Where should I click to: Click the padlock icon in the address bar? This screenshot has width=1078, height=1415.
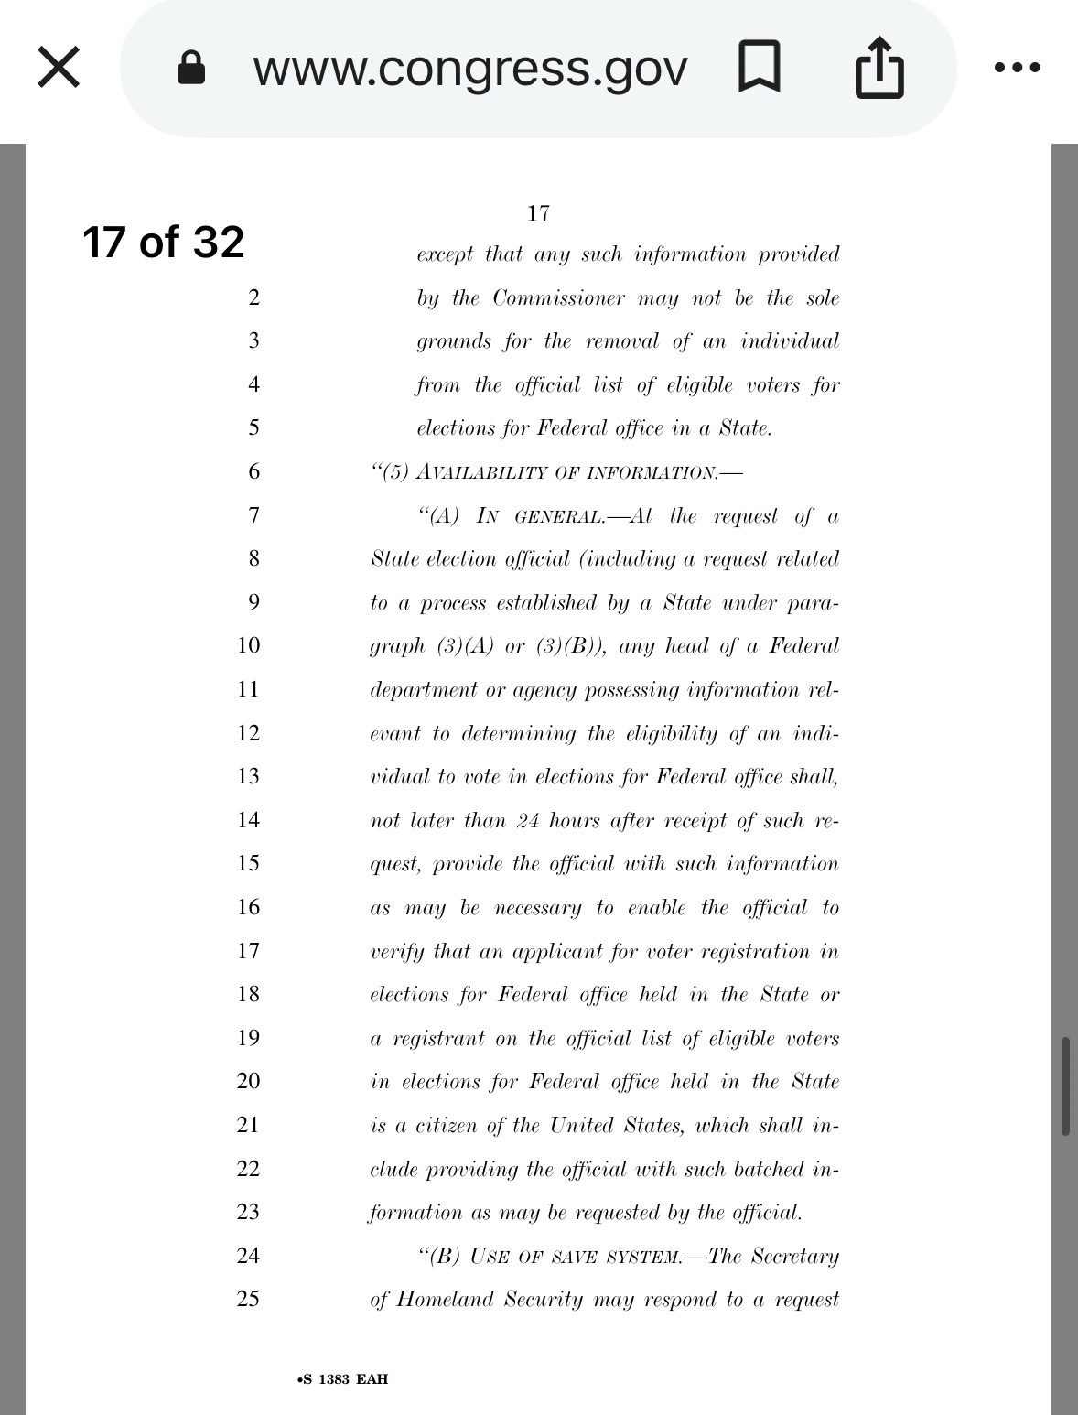[190, 68]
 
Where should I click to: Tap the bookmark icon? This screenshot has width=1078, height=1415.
[759, 67]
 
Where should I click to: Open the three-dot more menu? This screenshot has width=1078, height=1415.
[1019, 68]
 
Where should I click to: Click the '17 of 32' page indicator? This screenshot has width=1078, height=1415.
[163, 242]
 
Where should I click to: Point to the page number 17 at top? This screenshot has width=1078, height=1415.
[538, 213]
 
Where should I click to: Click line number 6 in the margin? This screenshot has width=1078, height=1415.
[253, 471]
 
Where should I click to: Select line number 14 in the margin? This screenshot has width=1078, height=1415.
[249, 819]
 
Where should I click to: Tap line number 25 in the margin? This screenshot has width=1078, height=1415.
[249, 1298]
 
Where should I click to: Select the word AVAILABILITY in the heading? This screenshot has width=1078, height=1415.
[476, 472]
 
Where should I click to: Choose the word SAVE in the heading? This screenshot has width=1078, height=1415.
[574, 1257]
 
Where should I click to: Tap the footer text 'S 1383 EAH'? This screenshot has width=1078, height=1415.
[343, 1379]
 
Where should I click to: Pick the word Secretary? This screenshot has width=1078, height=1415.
[794, 1256]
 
